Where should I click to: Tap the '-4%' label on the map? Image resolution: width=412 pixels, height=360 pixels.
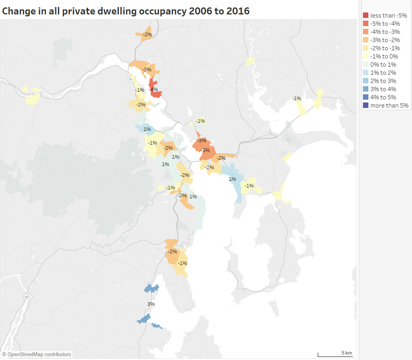coord(154,90)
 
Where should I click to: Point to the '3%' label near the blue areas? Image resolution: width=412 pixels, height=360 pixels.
coord(151,304)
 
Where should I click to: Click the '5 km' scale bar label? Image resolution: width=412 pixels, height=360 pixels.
coord(347,353)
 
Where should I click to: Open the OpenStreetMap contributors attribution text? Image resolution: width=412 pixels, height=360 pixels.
coord(37,355)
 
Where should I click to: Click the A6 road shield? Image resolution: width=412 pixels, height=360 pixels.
coord(26,297)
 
